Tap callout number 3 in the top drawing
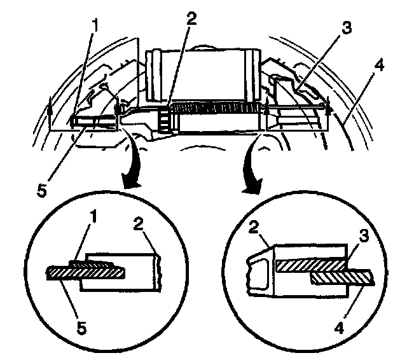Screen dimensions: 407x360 tap(346, 28)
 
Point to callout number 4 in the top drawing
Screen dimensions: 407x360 tap(378, 65)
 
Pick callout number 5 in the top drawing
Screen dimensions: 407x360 tap(42, 191)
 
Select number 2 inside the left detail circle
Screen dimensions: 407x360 tap(139, 223)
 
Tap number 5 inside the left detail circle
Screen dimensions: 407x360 tap(81, 328)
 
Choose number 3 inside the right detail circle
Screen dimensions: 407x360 tap(363, 236)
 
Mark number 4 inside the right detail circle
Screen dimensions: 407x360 tap(339, 328)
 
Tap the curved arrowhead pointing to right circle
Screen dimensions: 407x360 tap(251, 185)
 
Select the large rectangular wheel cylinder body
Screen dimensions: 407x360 tap(203, 75)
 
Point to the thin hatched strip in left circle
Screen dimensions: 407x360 tap(92, 264)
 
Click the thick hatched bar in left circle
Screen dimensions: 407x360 tap(86, 273)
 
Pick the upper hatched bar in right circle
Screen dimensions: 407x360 tap(311, 266)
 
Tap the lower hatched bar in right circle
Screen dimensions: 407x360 tap(343, 277)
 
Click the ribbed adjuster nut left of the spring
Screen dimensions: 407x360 tap(164, 118)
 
